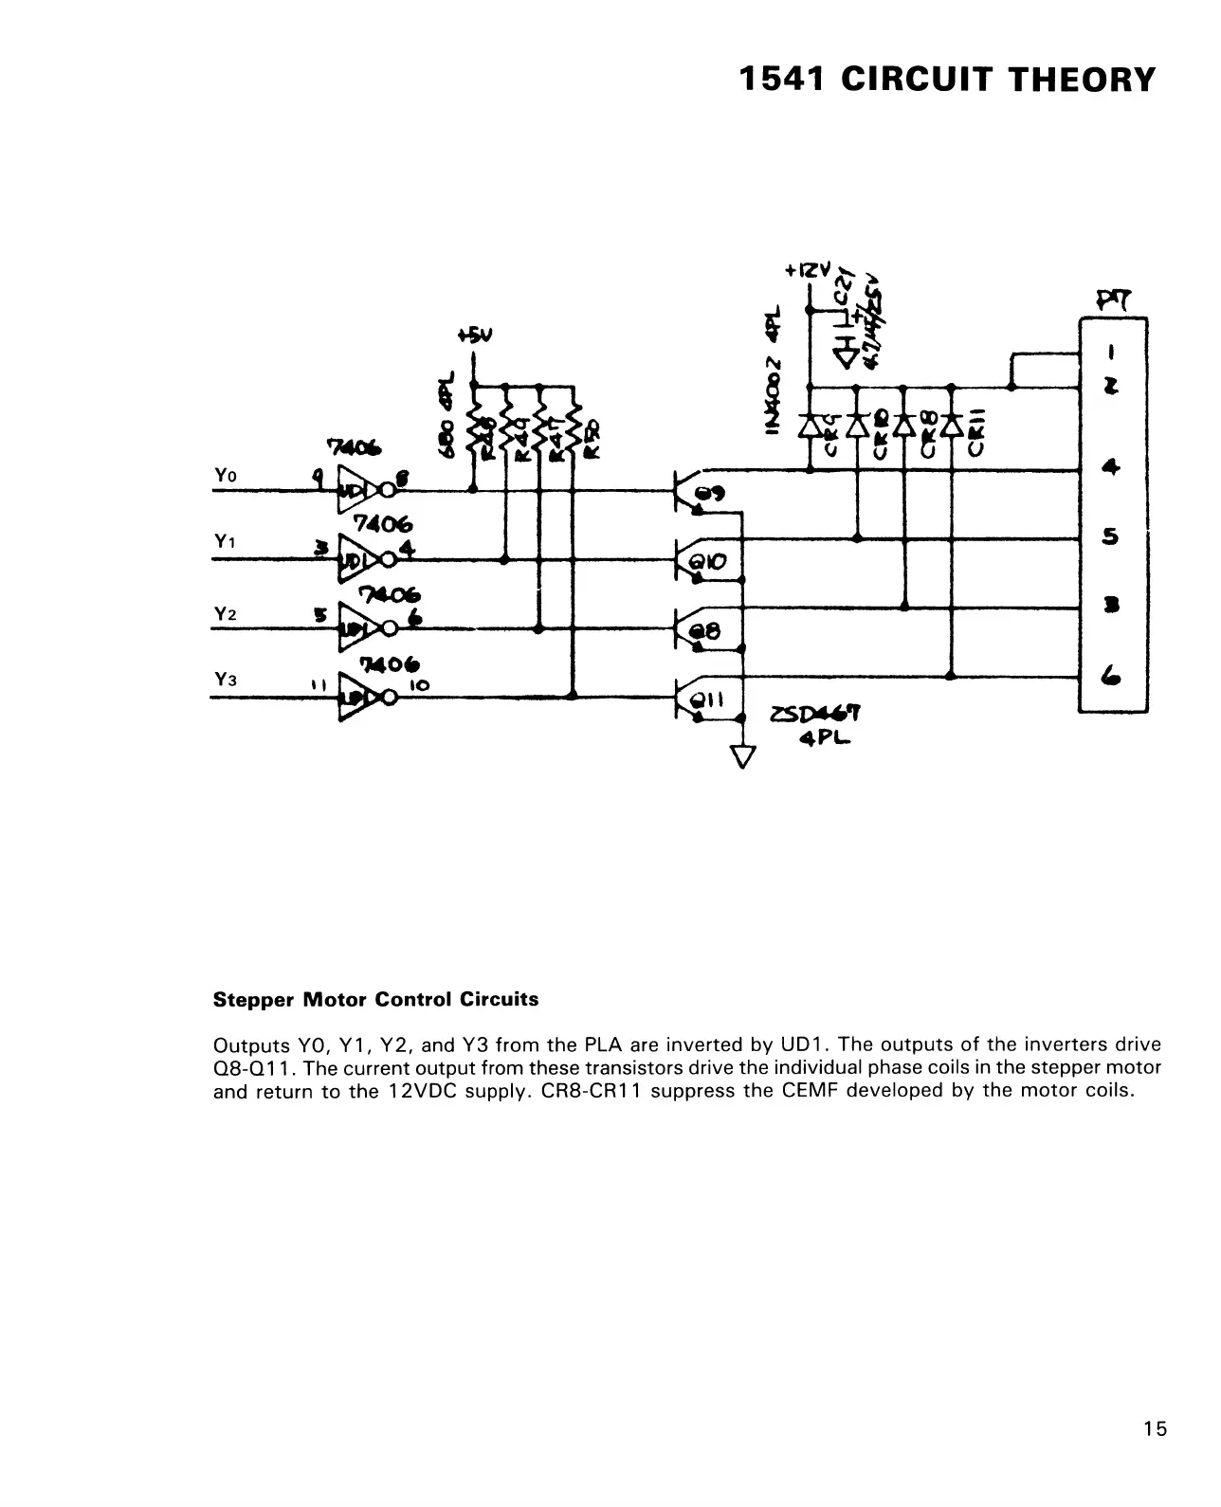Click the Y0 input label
click(224, 475)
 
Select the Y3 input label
click(224, 680)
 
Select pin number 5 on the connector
click(1111, 537)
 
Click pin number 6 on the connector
click(1111, 675)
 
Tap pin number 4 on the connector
click(1111, 467)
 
